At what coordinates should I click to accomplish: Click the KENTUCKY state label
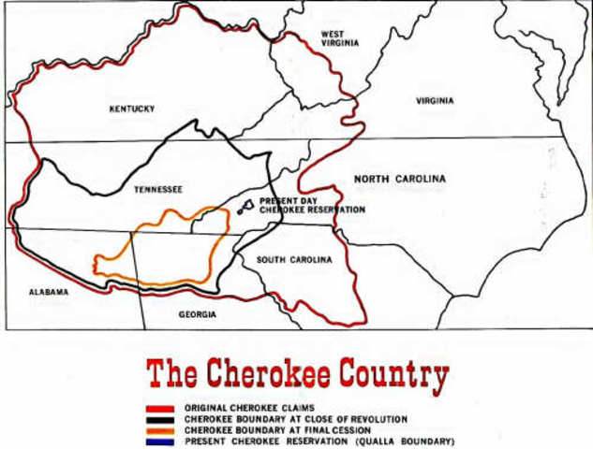click(131, 109)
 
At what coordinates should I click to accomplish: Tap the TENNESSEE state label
click(157, 189)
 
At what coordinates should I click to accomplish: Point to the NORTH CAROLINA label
click(399, 179)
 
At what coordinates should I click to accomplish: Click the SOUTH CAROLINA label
click(294, 260)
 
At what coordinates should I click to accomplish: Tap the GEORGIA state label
click(198, 315)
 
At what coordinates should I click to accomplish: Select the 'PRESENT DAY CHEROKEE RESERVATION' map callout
click(311, 205)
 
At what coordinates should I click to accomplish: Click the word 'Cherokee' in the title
click(269, 375)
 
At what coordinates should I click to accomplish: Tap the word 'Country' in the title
click(397, 375)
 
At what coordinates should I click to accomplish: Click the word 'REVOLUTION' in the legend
click(376, 420)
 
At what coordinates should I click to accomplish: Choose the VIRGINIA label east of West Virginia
click(435, 101)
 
